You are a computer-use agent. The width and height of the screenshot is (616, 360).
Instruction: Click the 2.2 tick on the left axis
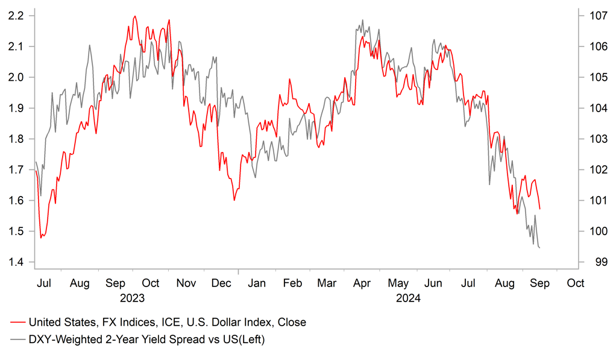pyautogui.click(x=16, y=16)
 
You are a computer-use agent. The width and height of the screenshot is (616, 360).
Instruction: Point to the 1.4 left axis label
pyautogui.click(x=16, y=262)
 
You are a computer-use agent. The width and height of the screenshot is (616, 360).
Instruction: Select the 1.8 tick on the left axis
pyautogui.click(x=16, y=139)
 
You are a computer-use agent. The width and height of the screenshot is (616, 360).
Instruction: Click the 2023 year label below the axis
pyautogui.click(x=132, y=298)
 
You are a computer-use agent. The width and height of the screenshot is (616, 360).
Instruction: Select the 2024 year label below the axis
pyautogui.click(x=408, y=298)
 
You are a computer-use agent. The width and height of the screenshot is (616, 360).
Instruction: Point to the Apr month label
pyautogui.click(x=363, y=283)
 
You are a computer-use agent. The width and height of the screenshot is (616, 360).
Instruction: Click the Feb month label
pyautogui.click(x=292, y=283)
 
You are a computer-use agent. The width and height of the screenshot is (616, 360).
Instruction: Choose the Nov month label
pyautogui.click(x=186, y=283)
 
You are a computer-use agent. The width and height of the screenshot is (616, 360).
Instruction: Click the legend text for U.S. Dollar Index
pyautogui.click(x=167, y=323)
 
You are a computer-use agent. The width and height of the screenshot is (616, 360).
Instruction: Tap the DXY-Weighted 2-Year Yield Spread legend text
pyautogui.click(x=146, y=340)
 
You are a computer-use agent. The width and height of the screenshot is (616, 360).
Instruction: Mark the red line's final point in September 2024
pyautogui.click(x=540, y=209)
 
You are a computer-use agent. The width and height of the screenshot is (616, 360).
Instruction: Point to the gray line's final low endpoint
pyautogui.click(x=539, y=248)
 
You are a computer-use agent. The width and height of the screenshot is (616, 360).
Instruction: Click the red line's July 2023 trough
pyautogui.click(x=41, y=238)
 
